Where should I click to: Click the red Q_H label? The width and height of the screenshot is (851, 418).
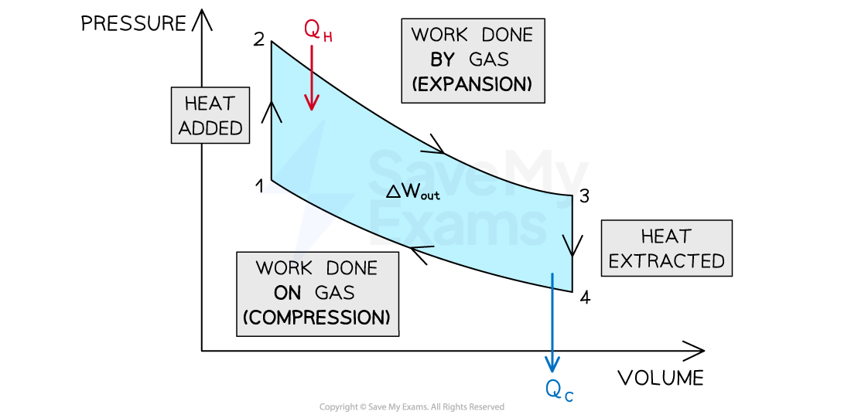pos(318,30)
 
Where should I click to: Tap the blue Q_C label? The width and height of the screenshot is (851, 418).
pos(559,390)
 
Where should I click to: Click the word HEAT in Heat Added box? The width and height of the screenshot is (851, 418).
pos(210,104)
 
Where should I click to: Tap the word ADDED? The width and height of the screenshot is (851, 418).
pos(210,127)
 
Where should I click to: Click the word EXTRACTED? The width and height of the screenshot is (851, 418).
pos(666,260)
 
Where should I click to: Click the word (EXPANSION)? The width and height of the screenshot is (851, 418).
pos(473,84)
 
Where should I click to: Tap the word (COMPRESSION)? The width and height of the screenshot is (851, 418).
pos(316,317)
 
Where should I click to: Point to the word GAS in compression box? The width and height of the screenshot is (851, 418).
pos(334,292)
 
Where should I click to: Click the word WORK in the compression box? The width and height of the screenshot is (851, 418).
pos(283,267)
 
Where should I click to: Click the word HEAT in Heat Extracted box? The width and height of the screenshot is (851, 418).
pos(666,236)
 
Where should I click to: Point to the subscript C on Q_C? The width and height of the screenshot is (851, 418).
pos(569,396)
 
